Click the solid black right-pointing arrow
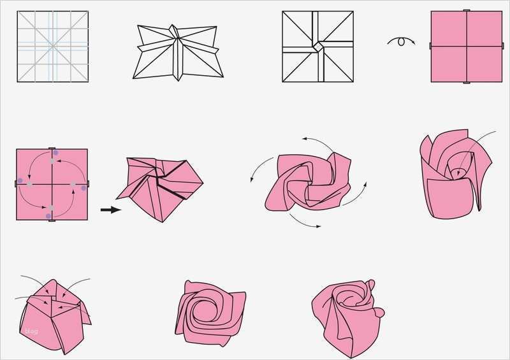tap(110, 209)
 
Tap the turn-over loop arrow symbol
tap(401, 41)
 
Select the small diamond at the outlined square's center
tap(317, 47)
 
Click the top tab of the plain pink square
tap(466, 11)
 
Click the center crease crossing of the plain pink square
tap(466, 47)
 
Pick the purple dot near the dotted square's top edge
tap(55, 153)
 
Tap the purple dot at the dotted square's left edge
tap(20, 181)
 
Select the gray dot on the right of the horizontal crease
tap(73, 185)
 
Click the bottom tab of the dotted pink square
tap(52, 220)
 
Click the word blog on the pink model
tap(31, 331)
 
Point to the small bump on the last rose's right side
tap(380, 313)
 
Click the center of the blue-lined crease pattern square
tap(52, 47)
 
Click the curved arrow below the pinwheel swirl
tap(305, 220)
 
